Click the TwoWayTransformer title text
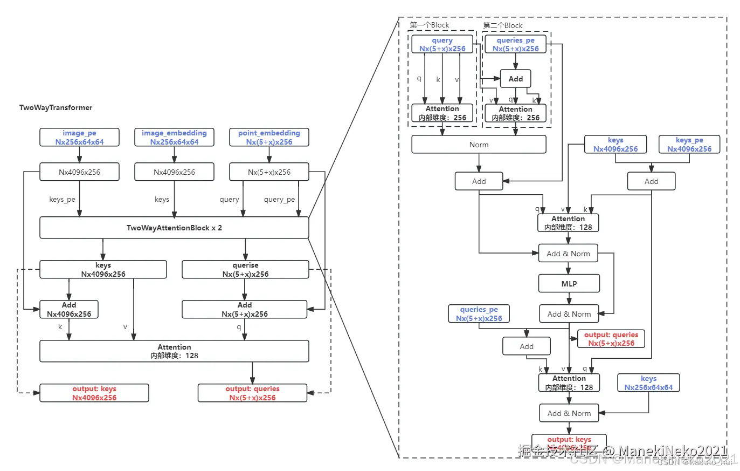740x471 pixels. tap(56, 107)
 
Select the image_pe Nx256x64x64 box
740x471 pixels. tap(79, 137)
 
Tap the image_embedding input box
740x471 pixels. tap(174, 137)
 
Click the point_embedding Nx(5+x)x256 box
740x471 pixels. tap(269, 137)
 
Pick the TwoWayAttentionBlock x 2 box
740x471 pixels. tap(174, 228)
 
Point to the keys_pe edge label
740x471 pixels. tap(62, 199)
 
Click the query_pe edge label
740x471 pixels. tap(279, 199)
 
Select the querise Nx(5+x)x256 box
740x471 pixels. tap(245, 270)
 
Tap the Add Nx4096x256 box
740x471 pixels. tap(69, 309)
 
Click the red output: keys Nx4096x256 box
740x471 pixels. tap(94, 393)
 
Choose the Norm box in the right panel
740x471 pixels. tap(479, 145)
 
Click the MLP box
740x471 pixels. tap(569, 283)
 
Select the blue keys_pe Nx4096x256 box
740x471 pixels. tap(689, 145)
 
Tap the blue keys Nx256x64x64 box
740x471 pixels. tap(648, 383)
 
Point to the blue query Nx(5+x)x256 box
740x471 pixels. tap(442, 44)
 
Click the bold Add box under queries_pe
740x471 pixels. tap(515, 79)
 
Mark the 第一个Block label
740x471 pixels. tap(429, 25)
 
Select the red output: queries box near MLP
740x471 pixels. tap(611, 339)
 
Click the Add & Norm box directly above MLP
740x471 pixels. tap(568, 254)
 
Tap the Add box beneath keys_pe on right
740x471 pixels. tap(651, 181)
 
